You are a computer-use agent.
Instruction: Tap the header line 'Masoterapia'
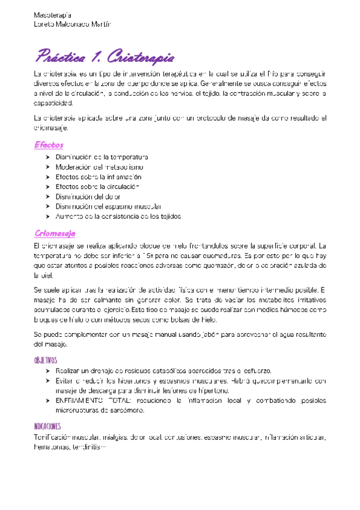52,13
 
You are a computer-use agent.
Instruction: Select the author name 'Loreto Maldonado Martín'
73,23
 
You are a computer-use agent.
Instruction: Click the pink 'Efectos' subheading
49,145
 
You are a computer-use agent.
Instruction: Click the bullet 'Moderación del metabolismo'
99,167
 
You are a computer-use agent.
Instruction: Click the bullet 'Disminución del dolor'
88,196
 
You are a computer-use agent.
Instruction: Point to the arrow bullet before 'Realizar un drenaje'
47,371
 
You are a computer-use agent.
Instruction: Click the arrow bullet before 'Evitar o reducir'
47,381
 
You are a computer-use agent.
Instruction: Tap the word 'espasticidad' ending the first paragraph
53,103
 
